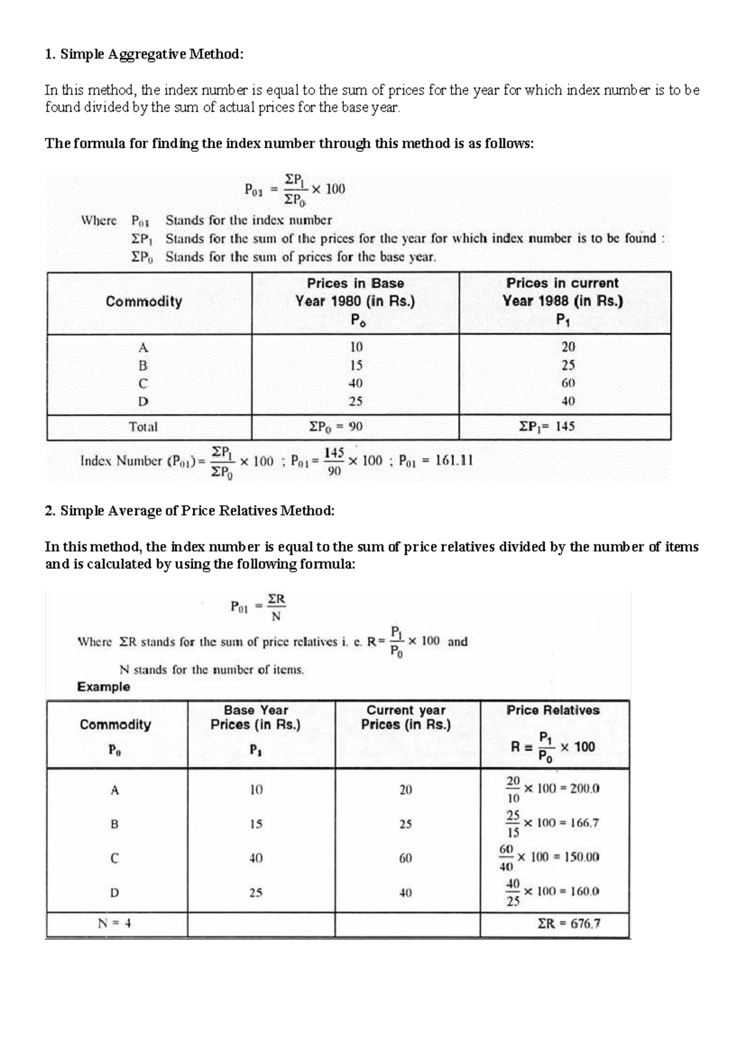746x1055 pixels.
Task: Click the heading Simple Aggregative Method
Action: pos(144,54)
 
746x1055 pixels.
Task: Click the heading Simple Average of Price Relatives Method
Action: pos(190,511)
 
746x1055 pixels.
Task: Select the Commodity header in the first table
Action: pos(144,302)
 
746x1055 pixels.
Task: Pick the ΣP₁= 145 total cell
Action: pos(547,427)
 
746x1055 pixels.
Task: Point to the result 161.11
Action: pos(454,461)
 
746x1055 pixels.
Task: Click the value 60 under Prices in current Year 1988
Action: pos(568,383)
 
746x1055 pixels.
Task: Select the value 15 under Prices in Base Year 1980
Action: pos(356,365)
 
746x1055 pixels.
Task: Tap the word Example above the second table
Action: pos(104,687)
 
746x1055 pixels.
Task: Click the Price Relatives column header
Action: pos(553,710)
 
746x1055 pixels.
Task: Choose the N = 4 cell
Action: pos(114,924)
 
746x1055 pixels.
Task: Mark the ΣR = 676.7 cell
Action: pos(569,924)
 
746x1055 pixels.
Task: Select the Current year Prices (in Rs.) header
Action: pos(406,717)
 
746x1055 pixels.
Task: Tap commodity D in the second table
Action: pos(114,893)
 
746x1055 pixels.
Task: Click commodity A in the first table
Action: pos(144,347)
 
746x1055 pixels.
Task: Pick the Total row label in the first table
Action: pos(143,427)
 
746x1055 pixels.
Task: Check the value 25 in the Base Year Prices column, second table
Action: pos(256,893)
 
